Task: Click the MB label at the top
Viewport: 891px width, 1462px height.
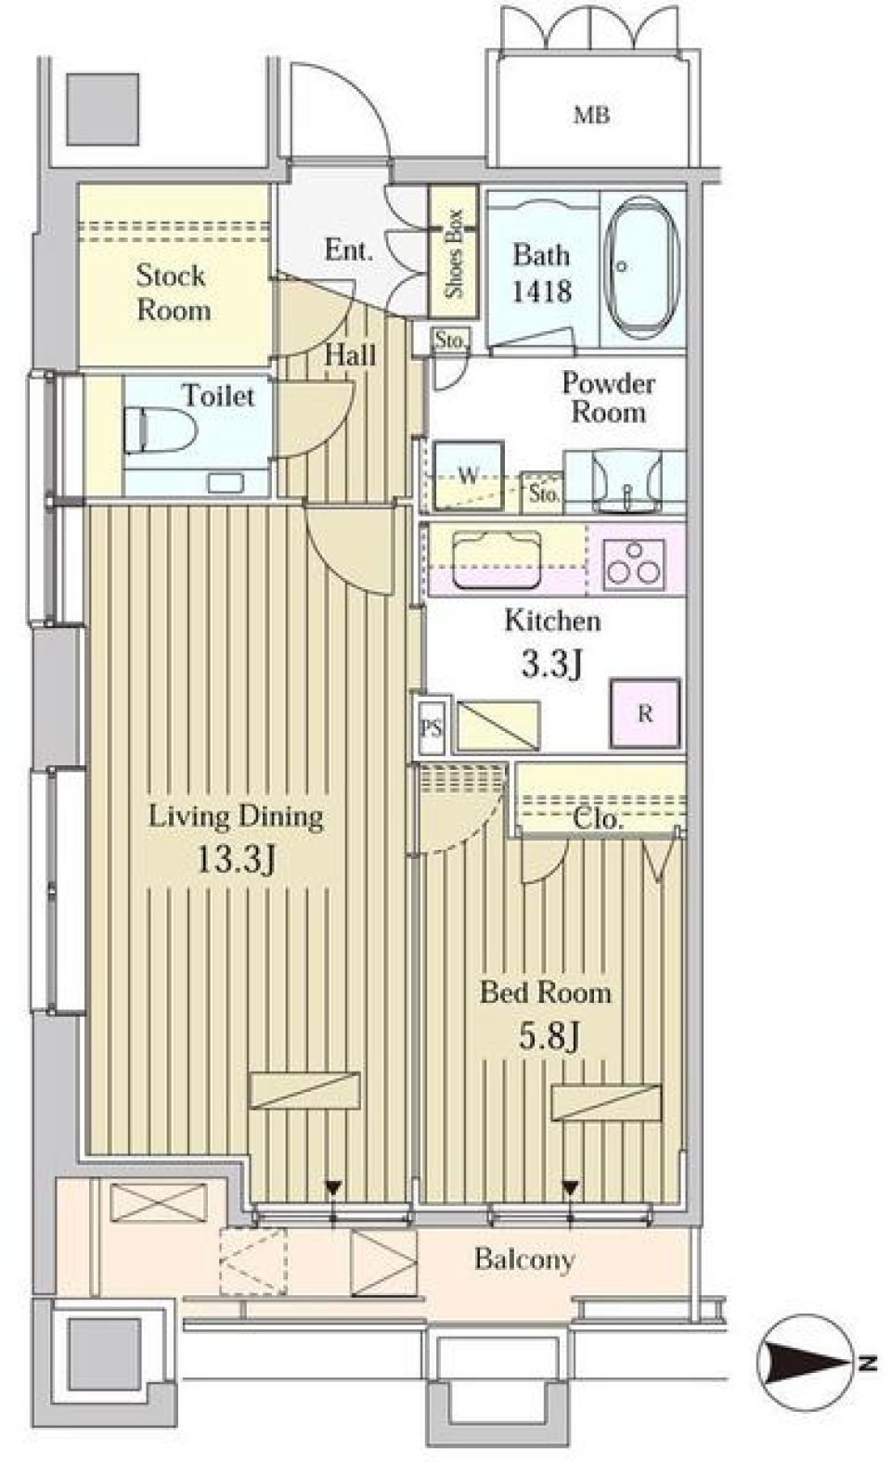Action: [x=591, y=116]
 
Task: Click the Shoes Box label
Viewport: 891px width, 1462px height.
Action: [x=454, y=251]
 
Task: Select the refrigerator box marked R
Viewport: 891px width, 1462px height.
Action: [x=645, y=713]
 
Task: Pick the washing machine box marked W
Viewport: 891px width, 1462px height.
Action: [x=470, y=477]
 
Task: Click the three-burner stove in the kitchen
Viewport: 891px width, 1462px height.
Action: [x=634, y=562]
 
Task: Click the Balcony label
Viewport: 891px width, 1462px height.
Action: [x=524, y=1259]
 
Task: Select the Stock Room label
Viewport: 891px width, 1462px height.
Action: [x=173, y=292]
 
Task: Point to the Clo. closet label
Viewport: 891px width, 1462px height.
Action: [x=598, y=819]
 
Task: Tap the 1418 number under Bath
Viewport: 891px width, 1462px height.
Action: [x=542, y=291]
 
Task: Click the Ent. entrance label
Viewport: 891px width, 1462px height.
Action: [x=348, y=250]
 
